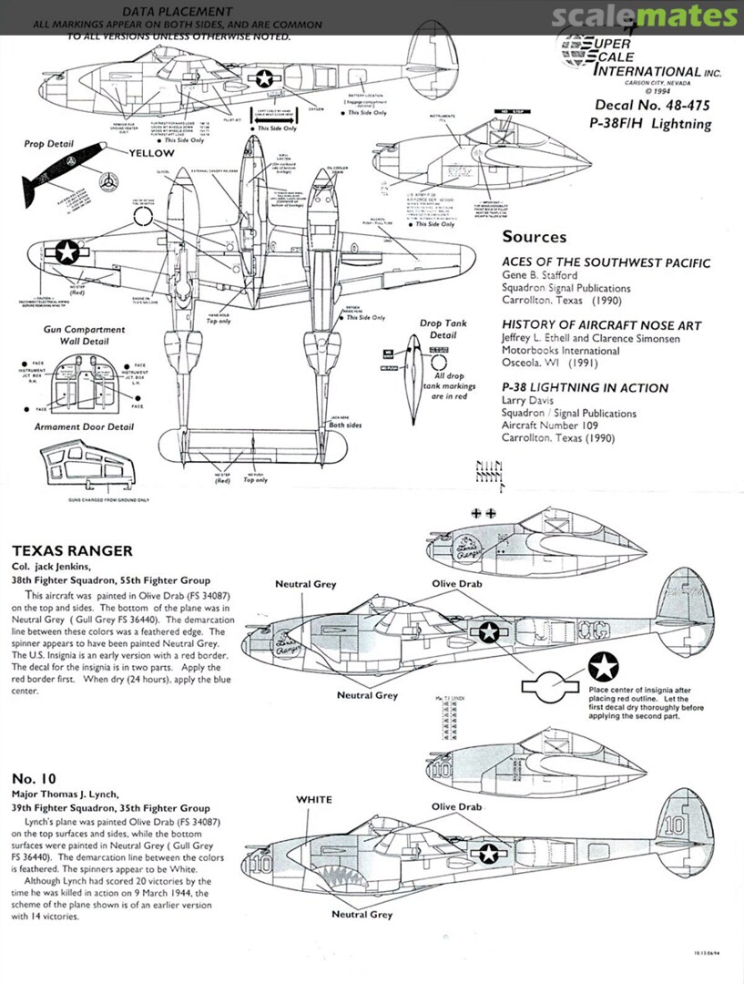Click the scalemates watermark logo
645,16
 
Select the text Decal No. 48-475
652,106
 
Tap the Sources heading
534,237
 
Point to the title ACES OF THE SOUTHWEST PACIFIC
606,263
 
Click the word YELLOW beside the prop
150,153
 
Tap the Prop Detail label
48,144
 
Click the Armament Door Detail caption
84,426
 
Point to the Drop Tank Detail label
443,329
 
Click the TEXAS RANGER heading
72,550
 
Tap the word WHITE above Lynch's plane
313,799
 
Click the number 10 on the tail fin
674,825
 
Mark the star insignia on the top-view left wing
67,252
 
